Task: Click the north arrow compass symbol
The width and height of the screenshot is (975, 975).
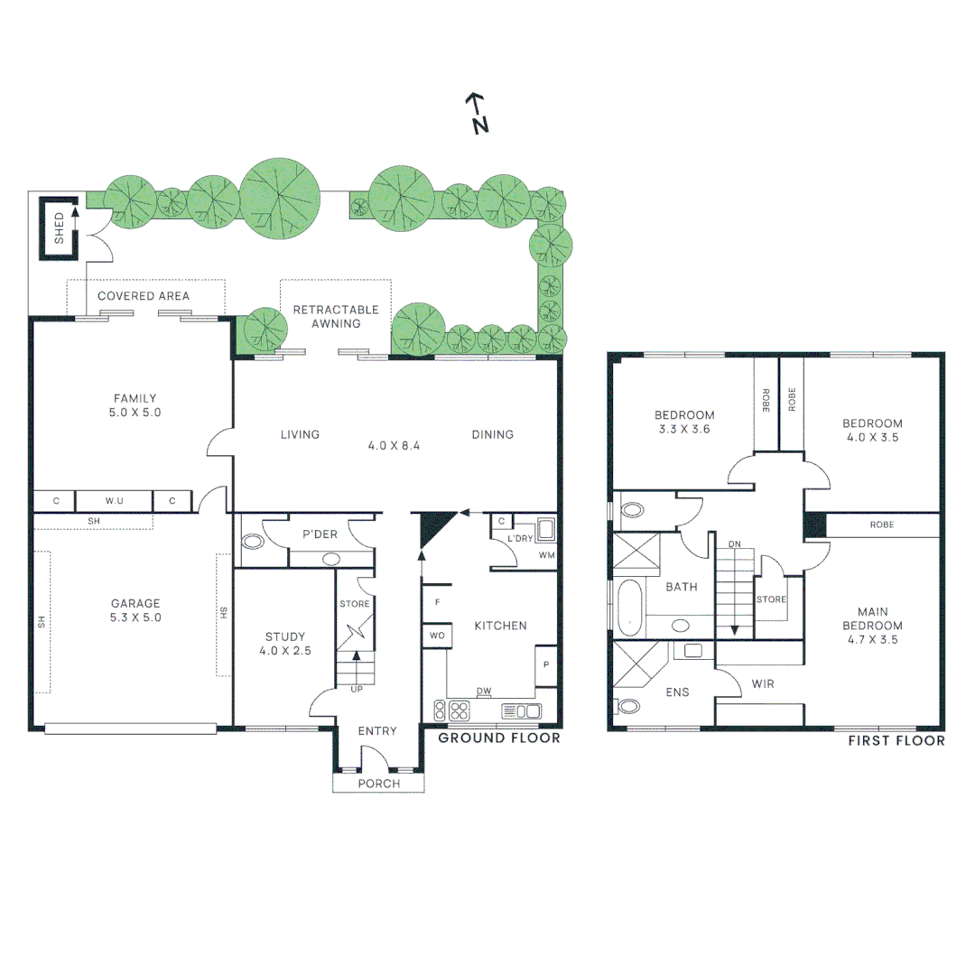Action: tap(478, 114)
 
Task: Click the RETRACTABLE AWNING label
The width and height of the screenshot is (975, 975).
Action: tap(336, 316)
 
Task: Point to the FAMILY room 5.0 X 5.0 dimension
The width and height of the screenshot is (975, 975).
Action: tap(135, 412)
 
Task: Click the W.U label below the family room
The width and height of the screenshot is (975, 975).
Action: tap(114, 500)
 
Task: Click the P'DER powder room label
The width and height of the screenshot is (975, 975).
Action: tap(320, 534)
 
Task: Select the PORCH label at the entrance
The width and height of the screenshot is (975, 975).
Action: tap(379, 783)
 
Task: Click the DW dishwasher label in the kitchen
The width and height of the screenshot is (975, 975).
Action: tap(484, 692)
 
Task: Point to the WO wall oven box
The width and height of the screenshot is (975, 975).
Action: tap(437, 635)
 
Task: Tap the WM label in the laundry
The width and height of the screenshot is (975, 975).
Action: tap(546, 554)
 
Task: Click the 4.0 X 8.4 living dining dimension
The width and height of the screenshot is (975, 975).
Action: tap(395, 445)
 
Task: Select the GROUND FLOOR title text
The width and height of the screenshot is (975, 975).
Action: tap(499, 738)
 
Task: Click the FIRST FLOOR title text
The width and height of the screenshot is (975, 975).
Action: tap(896, 740)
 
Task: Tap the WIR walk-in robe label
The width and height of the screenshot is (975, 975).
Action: tap(764, 684)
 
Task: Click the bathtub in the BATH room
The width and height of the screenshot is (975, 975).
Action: tap(629, 606)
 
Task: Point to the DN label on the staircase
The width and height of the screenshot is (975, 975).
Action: tap(734, 544)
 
